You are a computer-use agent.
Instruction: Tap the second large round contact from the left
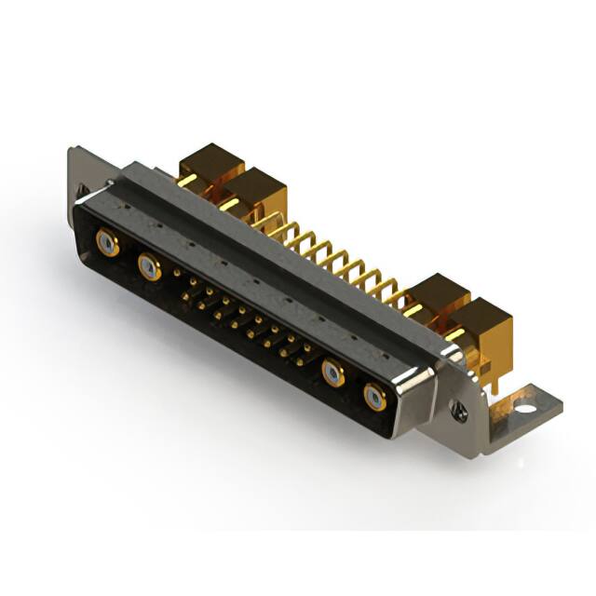click(149, 268)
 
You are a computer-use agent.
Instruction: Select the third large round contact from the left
click(333, 373)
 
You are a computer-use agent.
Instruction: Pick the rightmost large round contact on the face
click(375, 398)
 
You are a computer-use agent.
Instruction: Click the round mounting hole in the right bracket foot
click(524, 407)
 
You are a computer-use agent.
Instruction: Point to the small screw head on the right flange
click(457, 407)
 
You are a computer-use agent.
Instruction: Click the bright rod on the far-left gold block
click(187, 179)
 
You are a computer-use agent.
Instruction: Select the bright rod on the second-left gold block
click(230, 203)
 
